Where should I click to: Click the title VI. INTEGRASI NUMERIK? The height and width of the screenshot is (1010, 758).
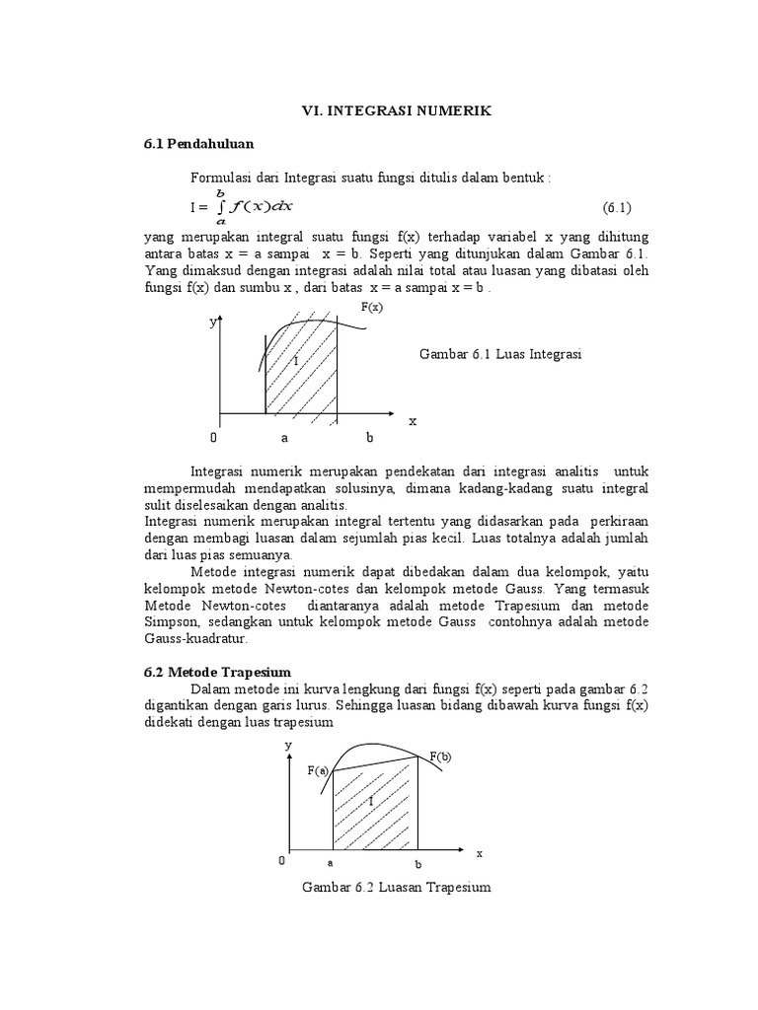click(x=395, y=112)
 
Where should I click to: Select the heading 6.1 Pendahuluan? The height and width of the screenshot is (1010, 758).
click(x=198, y=144)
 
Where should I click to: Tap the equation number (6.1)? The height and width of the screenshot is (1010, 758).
click(x=616, y=207)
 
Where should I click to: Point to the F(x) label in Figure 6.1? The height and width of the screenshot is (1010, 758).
click(x=371, y=308)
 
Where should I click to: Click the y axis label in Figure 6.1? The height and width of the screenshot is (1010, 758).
click(x=211, y=323)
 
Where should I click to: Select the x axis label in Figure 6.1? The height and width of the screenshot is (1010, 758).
click(x=413, y=420)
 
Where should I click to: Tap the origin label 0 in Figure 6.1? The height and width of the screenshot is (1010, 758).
click(x=213, y=437)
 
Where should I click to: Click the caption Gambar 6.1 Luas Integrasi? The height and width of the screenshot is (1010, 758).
click(x=500, y=355)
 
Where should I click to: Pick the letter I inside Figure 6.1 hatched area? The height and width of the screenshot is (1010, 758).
click(x=295, y=362)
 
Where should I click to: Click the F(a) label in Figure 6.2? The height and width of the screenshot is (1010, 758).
click(x=317, y=770)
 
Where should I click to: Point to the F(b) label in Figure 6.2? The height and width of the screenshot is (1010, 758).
click(x=439, y=757)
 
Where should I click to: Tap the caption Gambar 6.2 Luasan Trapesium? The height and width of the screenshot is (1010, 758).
click(x=396, y=888)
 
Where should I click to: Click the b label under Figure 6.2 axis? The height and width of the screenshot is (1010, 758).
click(x=417, y=864)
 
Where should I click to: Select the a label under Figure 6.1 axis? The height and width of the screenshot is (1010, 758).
click(x=284, y=437)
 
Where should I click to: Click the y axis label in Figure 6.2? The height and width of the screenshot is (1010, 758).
click(x=288, y=746)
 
